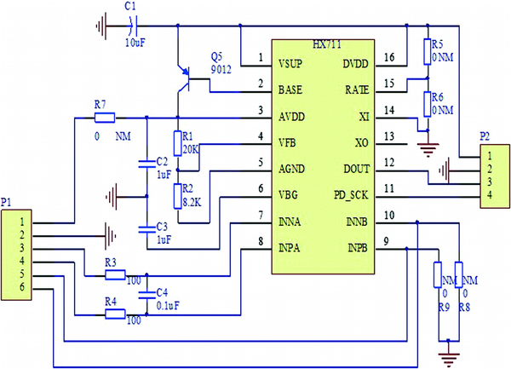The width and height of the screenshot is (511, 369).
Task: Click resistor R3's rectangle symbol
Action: click(x=115, y=275)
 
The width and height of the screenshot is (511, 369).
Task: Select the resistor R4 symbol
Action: click(x=115, y=314)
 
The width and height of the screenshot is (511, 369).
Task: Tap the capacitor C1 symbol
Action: click(x=129, y=26)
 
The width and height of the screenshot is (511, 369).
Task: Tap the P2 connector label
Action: click(x=485, y=135)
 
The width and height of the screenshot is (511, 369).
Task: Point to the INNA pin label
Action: click(x=292, y=222)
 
